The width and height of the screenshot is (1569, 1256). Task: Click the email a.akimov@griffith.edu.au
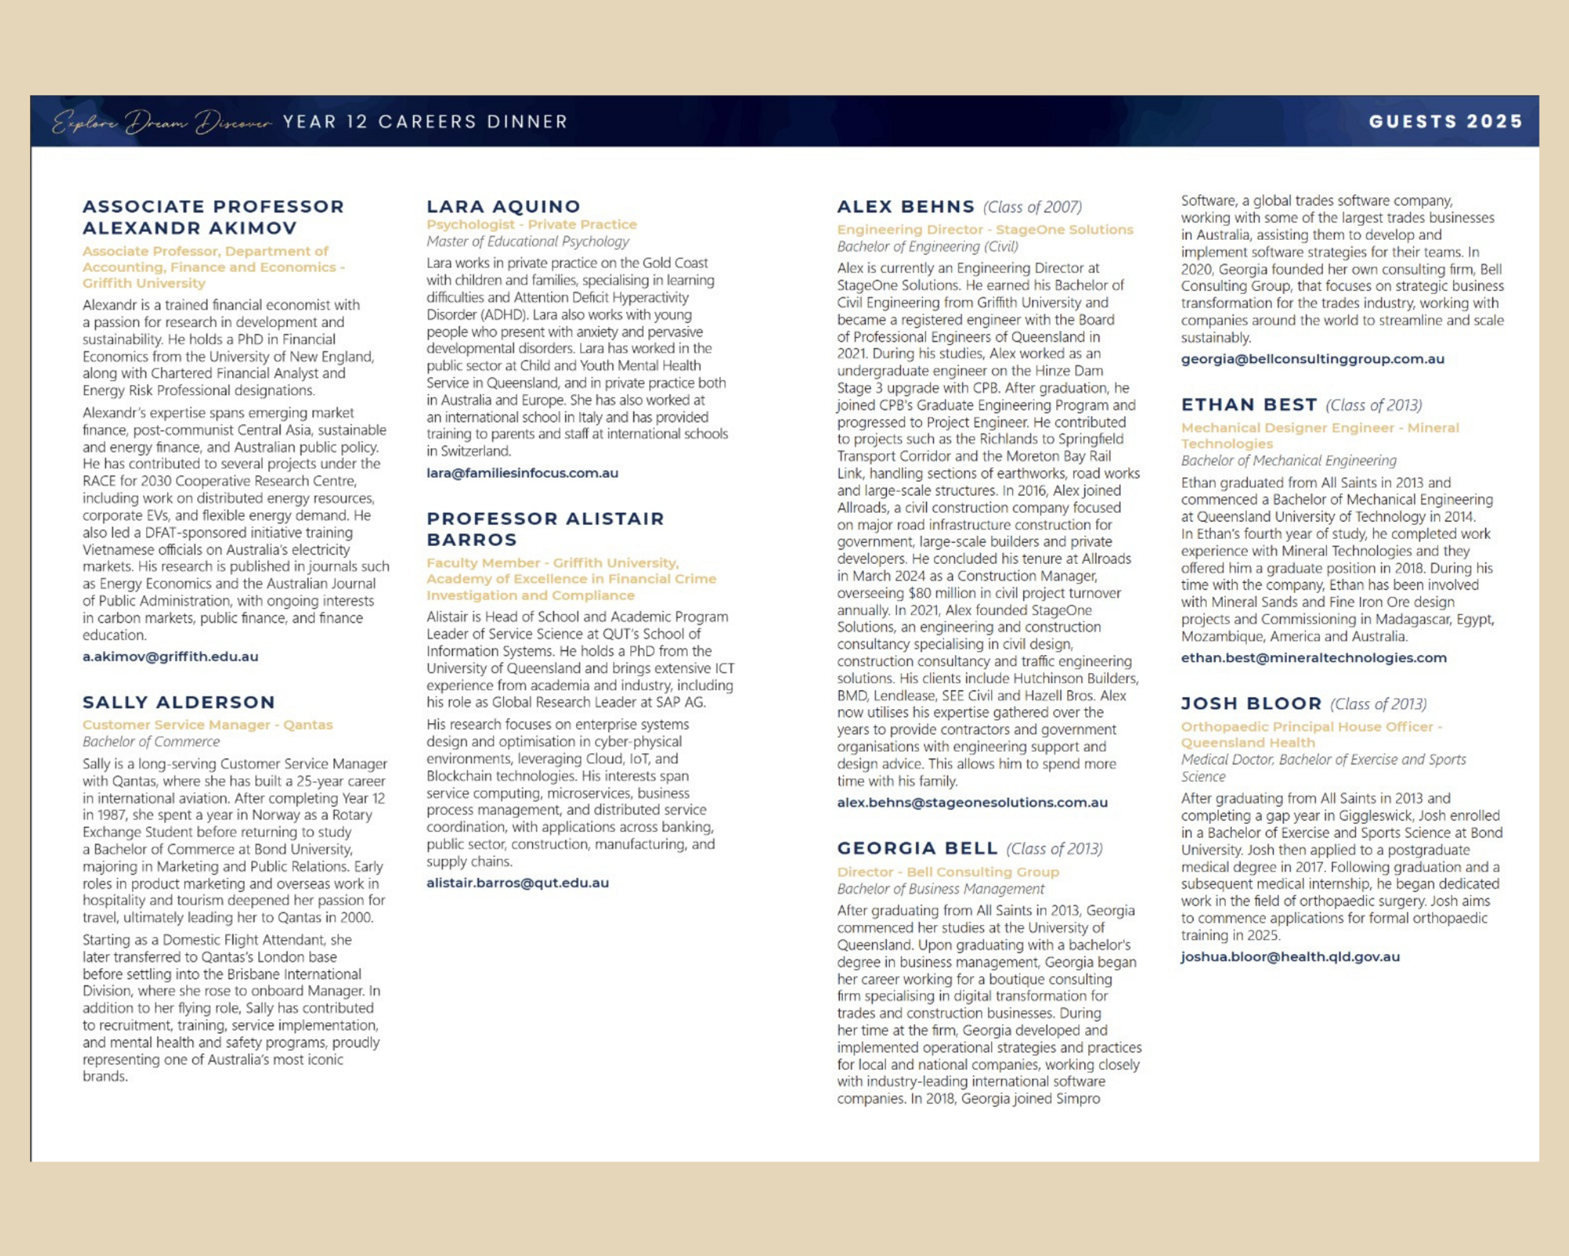pos(170,656)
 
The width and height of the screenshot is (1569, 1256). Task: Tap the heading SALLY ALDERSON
pos(178,702)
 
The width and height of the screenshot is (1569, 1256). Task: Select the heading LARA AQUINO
pos(503,206)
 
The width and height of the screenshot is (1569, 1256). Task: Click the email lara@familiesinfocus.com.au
pos(522,472)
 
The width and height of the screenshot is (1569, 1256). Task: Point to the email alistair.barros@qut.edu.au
pos(517,882)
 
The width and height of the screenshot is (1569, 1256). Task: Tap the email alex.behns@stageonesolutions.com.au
pos(972,803)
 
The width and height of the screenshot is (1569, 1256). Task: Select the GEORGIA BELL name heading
pos(917,848)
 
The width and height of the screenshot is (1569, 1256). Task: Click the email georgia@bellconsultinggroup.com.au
pos(1312,359)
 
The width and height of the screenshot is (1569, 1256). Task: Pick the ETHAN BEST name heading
pos(1249,405)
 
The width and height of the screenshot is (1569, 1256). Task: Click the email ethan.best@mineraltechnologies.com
pos(1314,658)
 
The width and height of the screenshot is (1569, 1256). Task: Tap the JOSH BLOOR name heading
pos(1251,703)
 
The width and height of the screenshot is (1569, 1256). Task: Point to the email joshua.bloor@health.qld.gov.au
pos(1290,956)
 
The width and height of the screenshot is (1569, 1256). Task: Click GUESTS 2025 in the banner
pos(1445,122)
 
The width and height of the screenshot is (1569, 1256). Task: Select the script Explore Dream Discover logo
pos(161,122)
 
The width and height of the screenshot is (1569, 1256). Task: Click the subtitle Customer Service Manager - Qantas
pos(207,725)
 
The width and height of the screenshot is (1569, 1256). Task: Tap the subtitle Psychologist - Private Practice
pos(531,224)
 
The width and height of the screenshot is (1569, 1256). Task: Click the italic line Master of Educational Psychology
pos(528,241)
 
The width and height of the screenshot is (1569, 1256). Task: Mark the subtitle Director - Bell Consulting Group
pos(948,872)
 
